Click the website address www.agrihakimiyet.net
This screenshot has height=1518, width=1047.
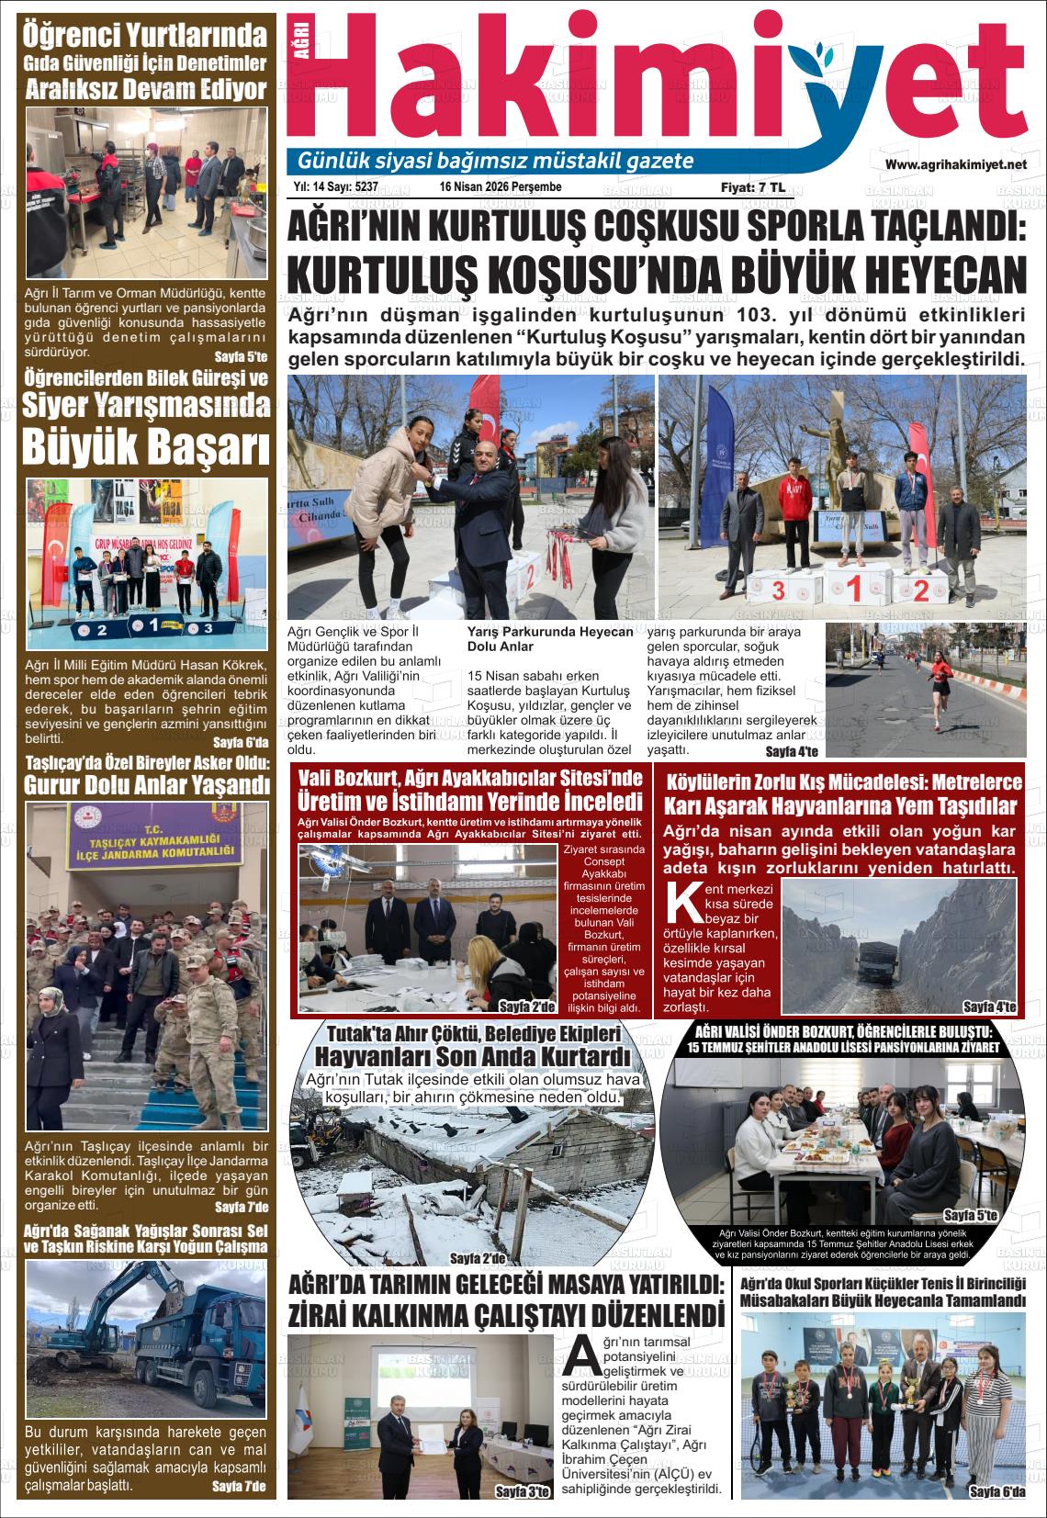(954, 164)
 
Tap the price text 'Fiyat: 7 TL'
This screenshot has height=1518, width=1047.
(752, 186)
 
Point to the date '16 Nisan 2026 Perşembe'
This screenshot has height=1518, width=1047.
(501, 186)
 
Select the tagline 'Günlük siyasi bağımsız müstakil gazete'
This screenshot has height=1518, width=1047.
(495, 162)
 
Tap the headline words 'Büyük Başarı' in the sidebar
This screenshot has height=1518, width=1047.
(147, 448)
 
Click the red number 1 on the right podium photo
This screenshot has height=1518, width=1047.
(854, 588)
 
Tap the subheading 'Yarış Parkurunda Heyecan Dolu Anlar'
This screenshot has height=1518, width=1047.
(549, 638)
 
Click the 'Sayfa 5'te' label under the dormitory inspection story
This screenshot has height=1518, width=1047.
(240, 356)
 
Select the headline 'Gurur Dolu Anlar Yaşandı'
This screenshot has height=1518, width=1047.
(147, 785)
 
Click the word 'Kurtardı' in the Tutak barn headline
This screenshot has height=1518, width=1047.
(577, 1056)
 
